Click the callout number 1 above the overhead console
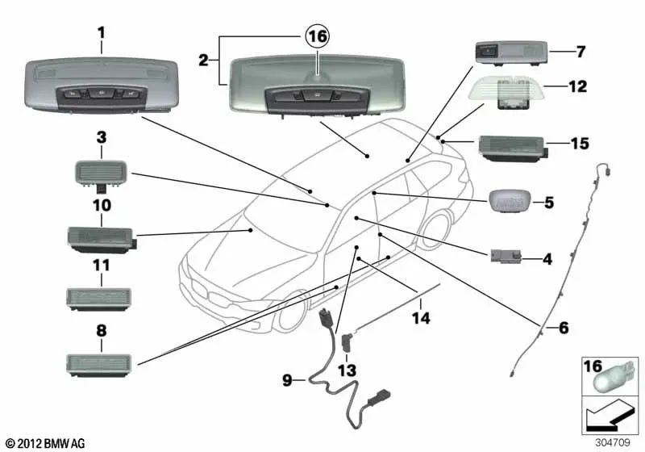[x=102, y=33]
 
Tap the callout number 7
[x=580, y=52]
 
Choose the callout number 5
[x=548, y=203]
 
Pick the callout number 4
[x=547, y=260]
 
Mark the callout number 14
[x=420, y=319]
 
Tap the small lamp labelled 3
[x=102, y=172]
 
